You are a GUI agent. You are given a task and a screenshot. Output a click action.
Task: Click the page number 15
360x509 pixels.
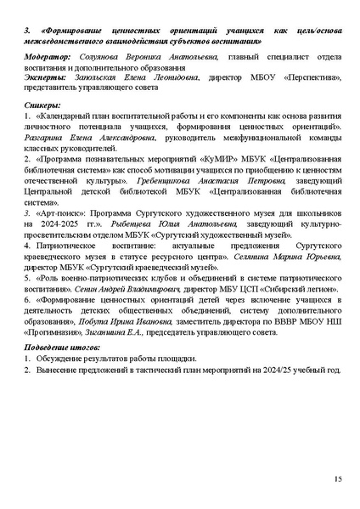(338, 479)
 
